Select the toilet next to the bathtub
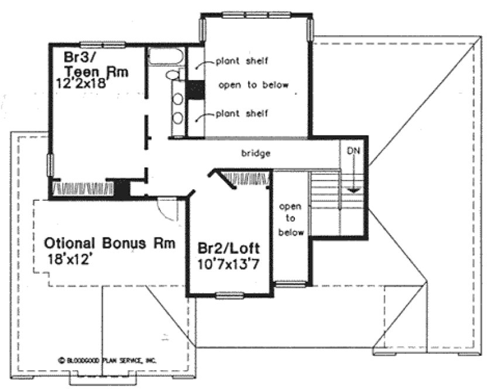point(173,75)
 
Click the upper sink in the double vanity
point(177,97)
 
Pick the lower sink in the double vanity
point(177,118)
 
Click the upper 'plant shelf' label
point(241,61)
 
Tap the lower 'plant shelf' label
point(241,114)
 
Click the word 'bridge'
point(256,153)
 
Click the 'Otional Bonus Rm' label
point(110,243)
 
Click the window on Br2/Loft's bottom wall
point(229,295)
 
